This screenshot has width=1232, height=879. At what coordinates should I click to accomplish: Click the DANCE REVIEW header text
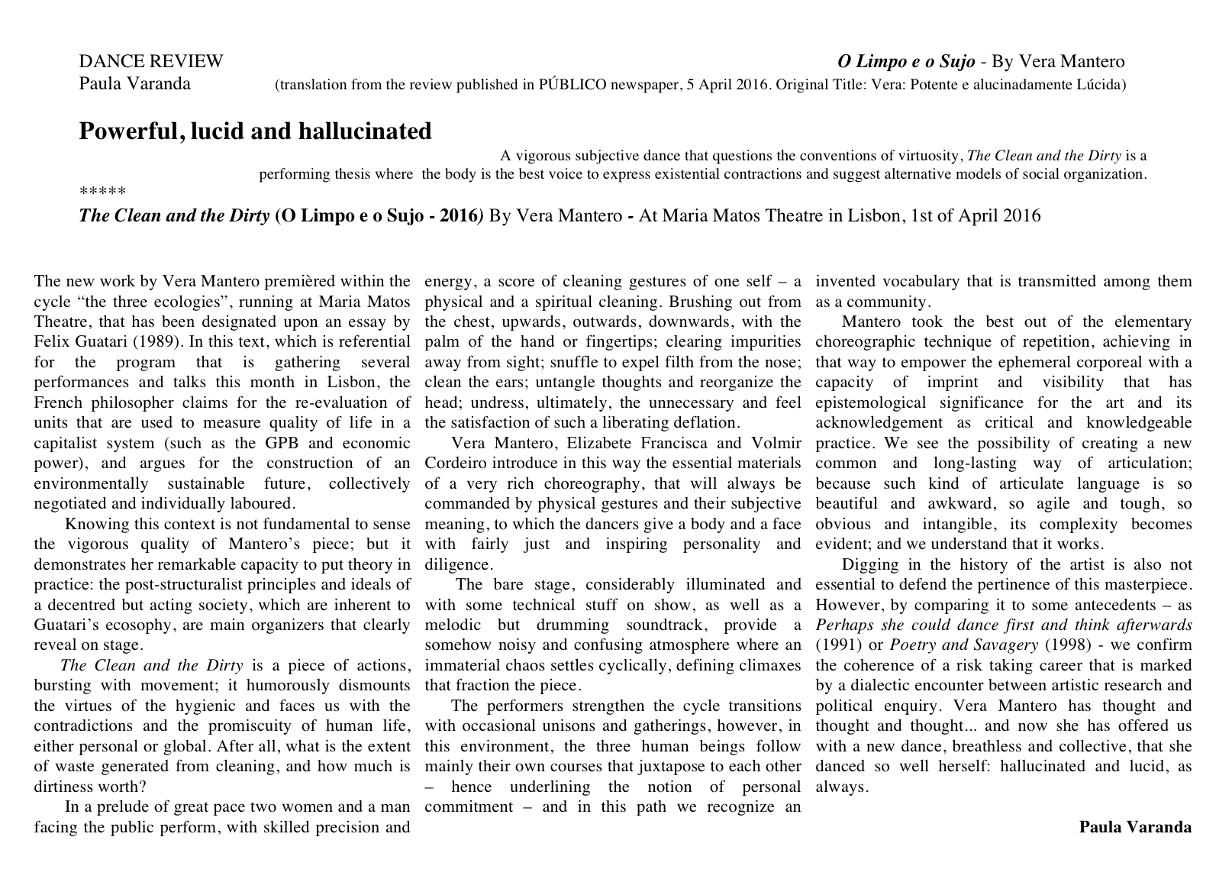(151, 62)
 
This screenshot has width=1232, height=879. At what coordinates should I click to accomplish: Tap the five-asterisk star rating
(102, 192)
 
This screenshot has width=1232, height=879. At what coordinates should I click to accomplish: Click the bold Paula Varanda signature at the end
(1135, 827)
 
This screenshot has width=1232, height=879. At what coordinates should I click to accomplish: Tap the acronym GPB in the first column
(282, 444)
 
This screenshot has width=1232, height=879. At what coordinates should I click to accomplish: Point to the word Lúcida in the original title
(1101, 85)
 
